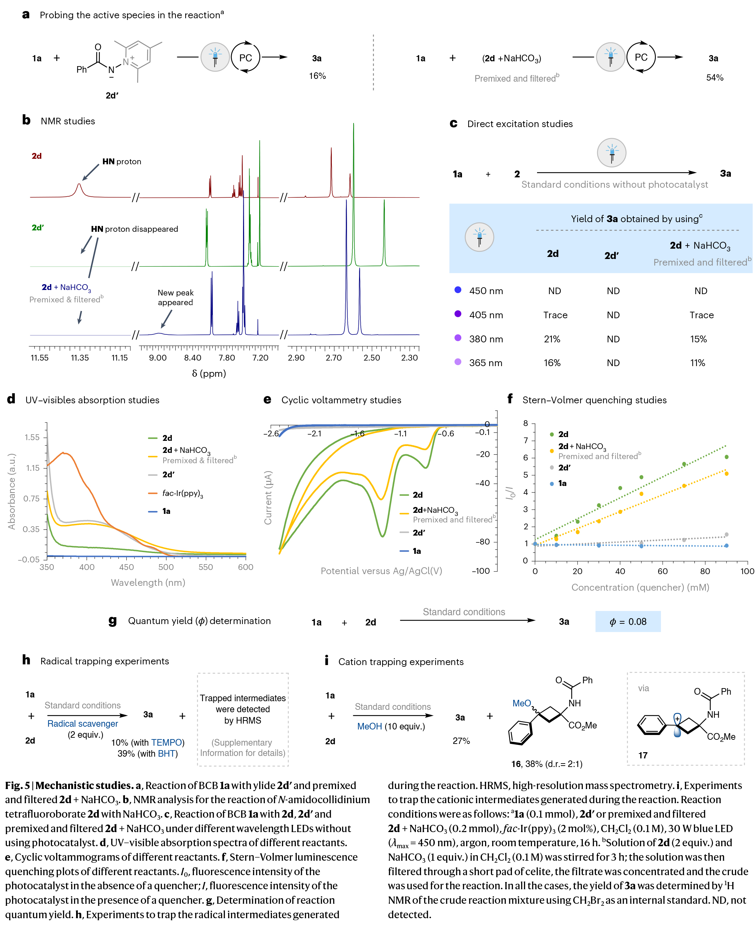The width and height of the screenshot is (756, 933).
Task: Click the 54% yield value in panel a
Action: point(715,78)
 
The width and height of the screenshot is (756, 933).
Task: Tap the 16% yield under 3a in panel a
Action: point(317,76)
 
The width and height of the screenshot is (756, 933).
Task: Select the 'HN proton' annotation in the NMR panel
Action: point(122,162)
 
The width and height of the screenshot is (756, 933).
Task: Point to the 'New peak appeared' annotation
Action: point(176,298)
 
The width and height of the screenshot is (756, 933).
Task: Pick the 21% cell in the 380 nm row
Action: point(552,339)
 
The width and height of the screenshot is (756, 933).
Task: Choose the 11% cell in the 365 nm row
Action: point(697,363)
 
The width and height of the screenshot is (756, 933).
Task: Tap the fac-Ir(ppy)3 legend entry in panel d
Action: point(182,493)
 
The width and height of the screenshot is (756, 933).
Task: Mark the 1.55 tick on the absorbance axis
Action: point(32,437)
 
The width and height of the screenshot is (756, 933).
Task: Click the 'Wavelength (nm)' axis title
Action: point(148,582)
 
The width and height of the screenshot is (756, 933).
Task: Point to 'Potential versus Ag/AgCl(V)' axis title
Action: point(381,571)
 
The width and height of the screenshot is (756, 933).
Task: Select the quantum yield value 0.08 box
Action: point(628,622)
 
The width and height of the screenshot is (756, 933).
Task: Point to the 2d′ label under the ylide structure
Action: point(112,95)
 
